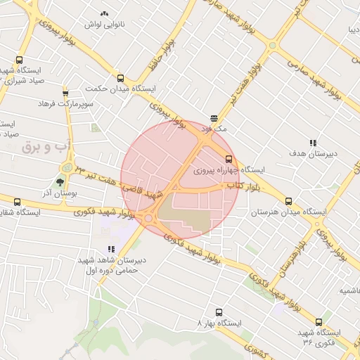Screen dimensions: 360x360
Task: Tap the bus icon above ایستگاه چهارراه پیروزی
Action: [x=229, y=159]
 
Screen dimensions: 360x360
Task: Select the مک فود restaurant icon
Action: [x=214, y=118]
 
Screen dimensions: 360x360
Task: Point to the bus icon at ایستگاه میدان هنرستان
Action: [x=288, y=201]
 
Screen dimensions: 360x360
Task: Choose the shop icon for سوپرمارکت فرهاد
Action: [x=65, y=93]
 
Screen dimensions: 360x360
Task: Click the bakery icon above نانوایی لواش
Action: [x=105, y=13]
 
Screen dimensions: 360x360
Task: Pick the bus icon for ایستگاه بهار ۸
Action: [x=218, y=312]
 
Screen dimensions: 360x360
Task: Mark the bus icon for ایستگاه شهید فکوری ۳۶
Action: [x=319, y=322]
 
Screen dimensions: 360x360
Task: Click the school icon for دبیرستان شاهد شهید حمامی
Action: [x=111, y=249]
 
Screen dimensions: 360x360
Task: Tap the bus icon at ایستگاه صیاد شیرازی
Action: [x=19, y=60]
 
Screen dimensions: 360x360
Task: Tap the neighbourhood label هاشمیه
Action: [x=347, y=290]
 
